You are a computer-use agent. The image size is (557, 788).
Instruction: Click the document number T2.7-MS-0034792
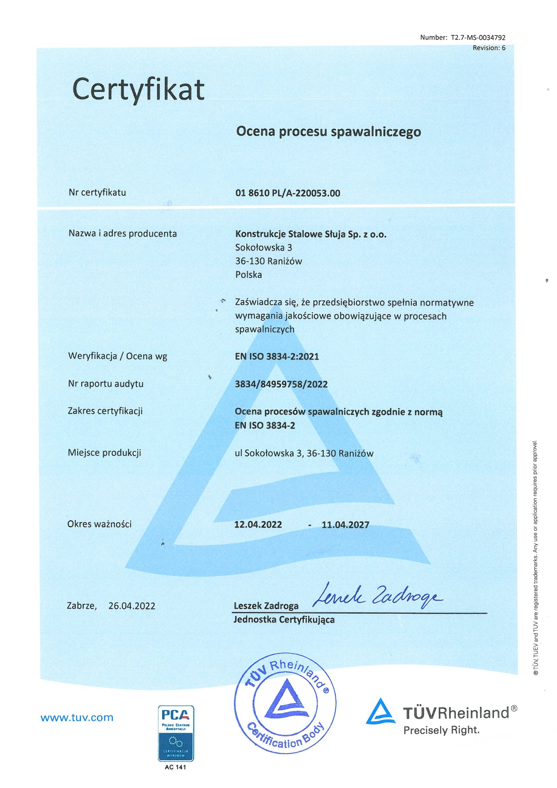(478, 38)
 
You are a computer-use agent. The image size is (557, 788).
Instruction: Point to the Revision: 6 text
(489, 48)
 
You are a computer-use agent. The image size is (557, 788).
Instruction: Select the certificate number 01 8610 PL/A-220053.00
(287, 193)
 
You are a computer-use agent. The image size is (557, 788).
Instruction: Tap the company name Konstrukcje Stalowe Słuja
(311, 234)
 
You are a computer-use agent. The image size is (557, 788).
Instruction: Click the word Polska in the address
(248, 275)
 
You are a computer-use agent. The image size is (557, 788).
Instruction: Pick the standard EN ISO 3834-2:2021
(277, 357)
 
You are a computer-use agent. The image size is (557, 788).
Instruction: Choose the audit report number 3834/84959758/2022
(281, 384)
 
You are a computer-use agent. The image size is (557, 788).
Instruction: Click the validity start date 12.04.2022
(258, 525)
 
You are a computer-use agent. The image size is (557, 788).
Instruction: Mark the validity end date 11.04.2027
(345, 525)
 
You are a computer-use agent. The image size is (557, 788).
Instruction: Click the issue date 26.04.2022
(132, 606)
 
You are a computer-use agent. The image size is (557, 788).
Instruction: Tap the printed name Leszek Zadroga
(266, 606)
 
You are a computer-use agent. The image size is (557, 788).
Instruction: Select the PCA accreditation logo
(176, 733)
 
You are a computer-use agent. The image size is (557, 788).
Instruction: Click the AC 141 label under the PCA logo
(175, 767)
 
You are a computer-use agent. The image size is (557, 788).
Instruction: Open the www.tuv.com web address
(77, 718)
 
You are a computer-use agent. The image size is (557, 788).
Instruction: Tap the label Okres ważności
(99, 524)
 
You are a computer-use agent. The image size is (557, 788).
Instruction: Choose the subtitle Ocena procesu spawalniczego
(329, 132)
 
